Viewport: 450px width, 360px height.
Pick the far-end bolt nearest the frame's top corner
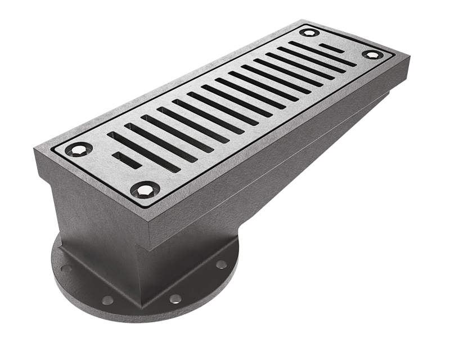click(308, 33)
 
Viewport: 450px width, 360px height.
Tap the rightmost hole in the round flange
click(220, 264)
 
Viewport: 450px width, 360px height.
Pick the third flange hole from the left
click(175, 298)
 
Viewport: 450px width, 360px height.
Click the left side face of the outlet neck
click(96, 225)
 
